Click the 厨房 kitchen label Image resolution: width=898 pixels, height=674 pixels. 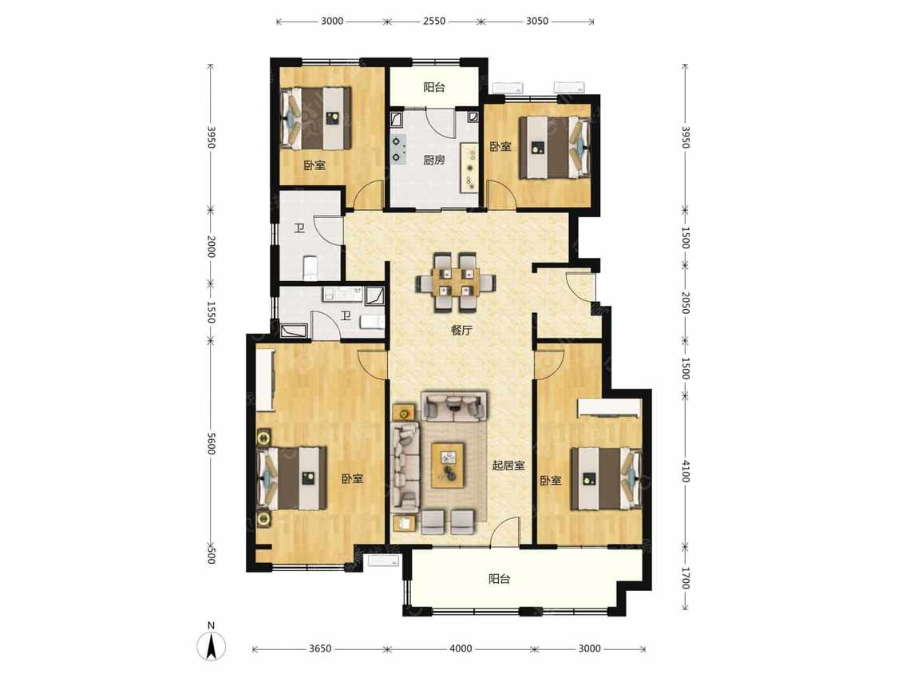(x=434, y=160)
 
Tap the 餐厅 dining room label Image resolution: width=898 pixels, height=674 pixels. (x=461, y=330)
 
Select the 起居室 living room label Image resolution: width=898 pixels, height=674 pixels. (x=508, y=466)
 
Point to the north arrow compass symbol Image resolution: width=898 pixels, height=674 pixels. (x=212, y=644)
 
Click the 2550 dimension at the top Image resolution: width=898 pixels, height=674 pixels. (x=434, y=22)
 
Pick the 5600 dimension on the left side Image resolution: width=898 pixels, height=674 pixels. (x=212, y=443)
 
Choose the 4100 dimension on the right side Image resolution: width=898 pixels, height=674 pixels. (x=686, y=470)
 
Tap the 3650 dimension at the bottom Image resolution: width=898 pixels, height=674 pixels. (x=320, y=648)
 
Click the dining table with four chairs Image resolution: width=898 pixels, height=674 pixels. (x=456, y=282)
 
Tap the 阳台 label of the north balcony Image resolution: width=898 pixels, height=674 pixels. (x=434, y=87)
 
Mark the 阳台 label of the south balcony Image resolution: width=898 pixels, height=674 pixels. (x=499, y=579)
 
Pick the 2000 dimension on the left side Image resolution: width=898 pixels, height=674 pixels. (x=212, y=247)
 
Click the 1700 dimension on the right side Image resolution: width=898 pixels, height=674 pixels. (x=686, y=577)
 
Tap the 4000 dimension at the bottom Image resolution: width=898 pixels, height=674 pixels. (x=461, y=648)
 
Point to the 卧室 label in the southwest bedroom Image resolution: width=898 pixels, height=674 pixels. (x=352, y=478)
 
